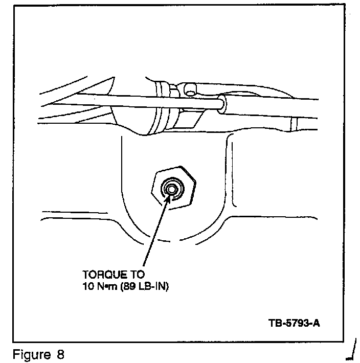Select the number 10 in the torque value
coord(87,287)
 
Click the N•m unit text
coord(106,287)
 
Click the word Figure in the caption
coord(29,354)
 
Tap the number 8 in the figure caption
coord(61,354)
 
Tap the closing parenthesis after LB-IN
coord(167,287)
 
